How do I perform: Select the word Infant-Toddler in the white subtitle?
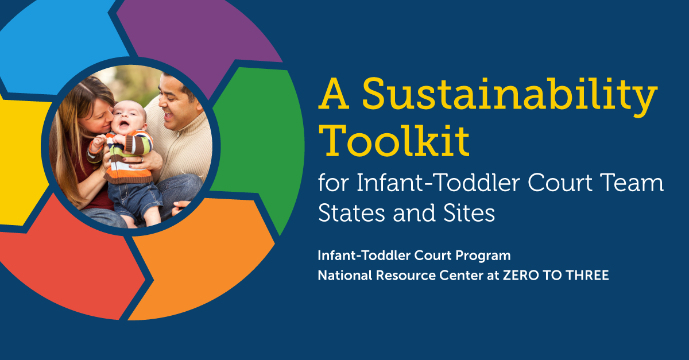click(x=431, y=184)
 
